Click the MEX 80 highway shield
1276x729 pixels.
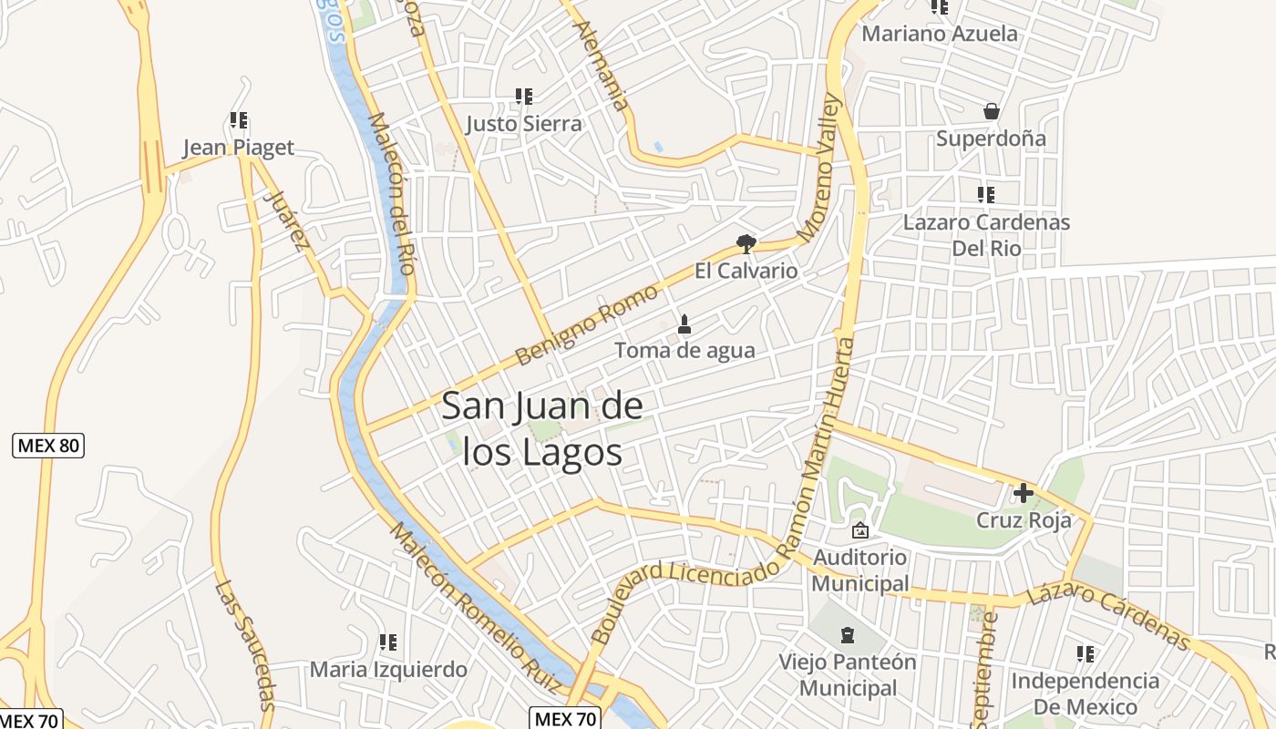48,446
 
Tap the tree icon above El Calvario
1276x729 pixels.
746,243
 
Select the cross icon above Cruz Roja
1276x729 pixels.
1023,493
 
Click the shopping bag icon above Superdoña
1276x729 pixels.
992,112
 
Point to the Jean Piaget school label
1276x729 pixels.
238,148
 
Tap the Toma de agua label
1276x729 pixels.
684,350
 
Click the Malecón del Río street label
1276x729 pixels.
393,193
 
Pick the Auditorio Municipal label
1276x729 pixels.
859,570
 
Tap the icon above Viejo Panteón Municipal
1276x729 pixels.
848,634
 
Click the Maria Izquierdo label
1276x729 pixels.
388,670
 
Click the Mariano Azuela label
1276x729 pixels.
940,34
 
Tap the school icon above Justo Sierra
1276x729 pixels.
523,96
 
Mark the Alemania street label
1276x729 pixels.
602,66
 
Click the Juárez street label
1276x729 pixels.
285,220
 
